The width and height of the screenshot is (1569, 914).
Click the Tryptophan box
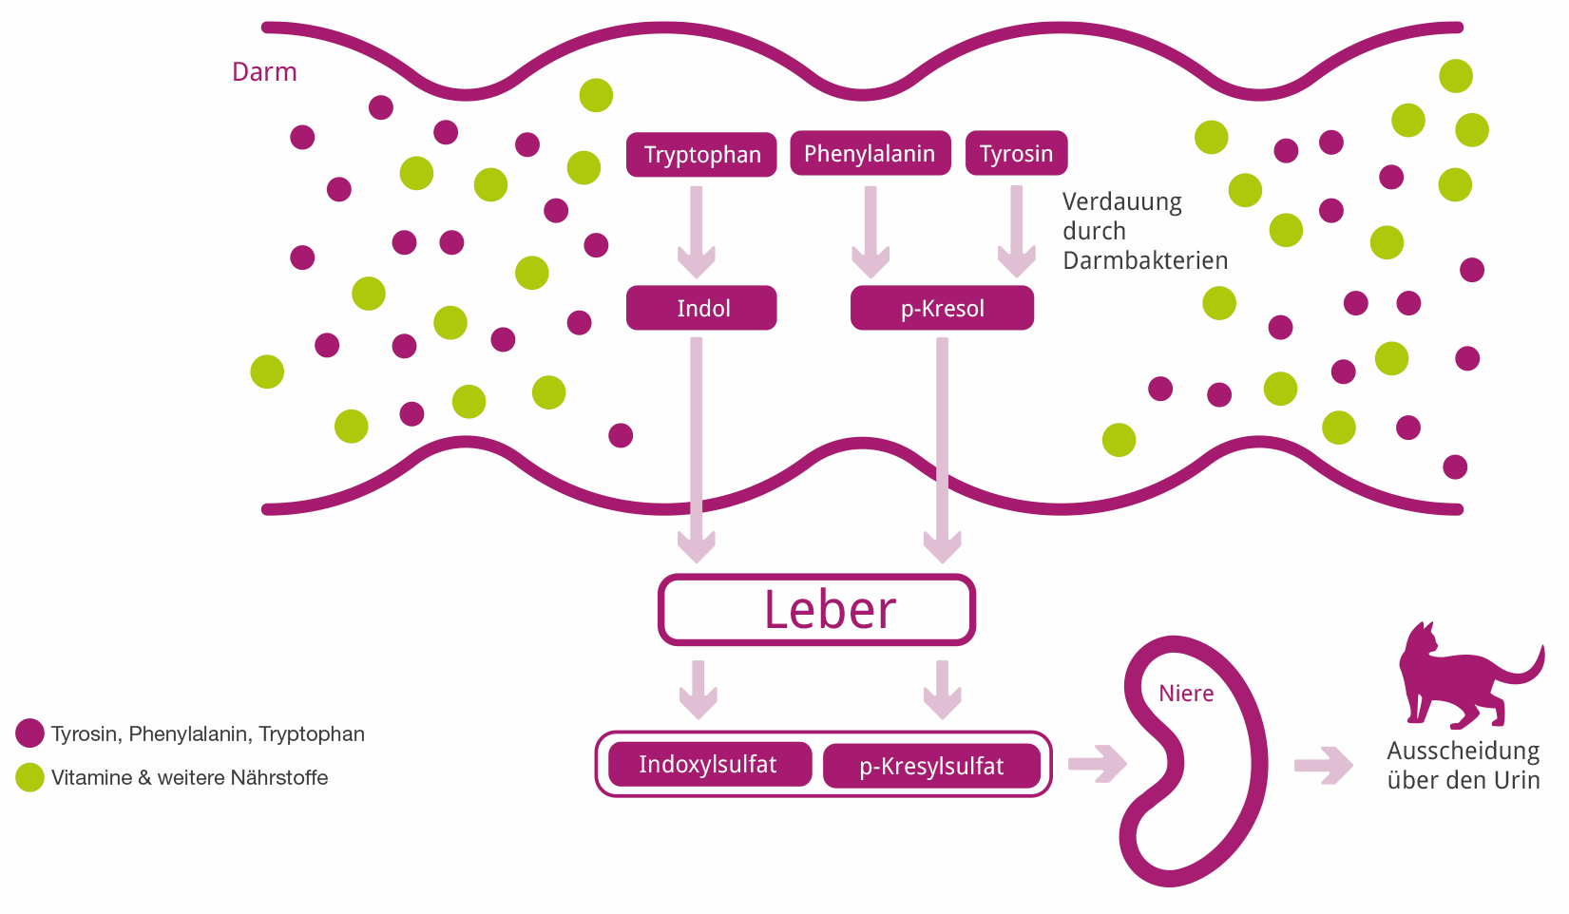701,155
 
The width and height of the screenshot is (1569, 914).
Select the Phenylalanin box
870,154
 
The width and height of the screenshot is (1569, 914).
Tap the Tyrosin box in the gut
1016,154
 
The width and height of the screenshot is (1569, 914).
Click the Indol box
701,308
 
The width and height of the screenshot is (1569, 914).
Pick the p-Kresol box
942,309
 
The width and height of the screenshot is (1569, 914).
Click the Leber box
817,610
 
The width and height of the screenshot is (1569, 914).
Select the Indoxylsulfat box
709,765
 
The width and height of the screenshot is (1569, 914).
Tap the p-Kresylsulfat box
931,767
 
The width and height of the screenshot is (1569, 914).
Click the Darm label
264,72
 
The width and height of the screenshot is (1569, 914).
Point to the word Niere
1186,694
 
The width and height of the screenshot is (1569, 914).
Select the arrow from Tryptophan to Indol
697,231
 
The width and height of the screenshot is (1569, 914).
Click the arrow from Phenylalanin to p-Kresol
871,231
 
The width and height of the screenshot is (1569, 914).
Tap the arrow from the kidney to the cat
1323,765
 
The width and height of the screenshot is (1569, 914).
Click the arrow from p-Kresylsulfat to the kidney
1097,764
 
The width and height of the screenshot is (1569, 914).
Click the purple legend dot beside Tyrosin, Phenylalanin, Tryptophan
30,733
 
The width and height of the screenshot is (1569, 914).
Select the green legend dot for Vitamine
30,777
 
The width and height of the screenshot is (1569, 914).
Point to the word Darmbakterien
1145,260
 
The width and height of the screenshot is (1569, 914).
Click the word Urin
1517,781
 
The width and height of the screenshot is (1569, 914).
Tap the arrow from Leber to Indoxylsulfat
698,689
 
